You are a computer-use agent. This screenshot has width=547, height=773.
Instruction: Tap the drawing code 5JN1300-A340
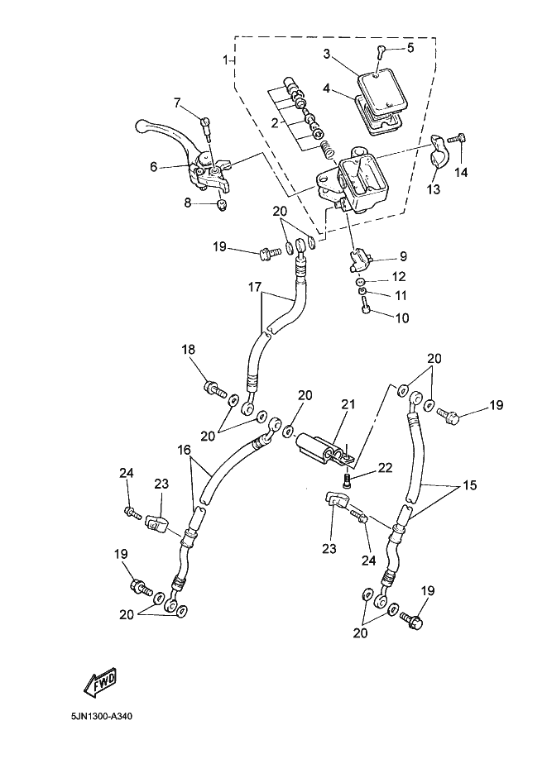[102, 715]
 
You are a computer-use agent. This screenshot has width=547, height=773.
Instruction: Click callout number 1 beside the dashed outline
[226, 60]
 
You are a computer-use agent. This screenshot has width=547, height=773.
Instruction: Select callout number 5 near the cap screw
[410, 47]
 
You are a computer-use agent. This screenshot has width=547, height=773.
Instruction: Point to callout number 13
[433, 188]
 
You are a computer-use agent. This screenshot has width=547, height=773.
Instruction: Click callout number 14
[461, 172]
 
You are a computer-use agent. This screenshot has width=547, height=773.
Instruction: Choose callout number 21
[348, 405]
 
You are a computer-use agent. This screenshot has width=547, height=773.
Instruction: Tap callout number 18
[188, 350]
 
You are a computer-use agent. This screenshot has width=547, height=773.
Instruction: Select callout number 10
[402, 318]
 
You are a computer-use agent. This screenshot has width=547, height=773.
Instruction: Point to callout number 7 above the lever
[178, 103]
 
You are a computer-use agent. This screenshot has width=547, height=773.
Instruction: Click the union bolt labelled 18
[214, 389]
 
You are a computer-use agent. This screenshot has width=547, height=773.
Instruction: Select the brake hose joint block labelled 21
[324, 450]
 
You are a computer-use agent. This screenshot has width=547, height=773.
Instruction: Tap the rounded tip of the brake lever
[141, 125]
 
